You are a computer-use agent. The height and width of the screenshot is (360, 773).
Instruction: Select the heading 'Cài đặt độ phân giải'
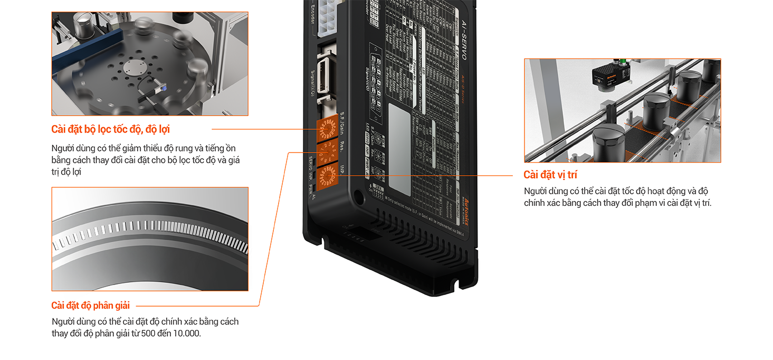[90, 305]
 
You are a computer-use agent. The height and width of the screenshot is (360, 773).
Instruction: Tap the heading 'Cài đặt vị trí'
[550, 175]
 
